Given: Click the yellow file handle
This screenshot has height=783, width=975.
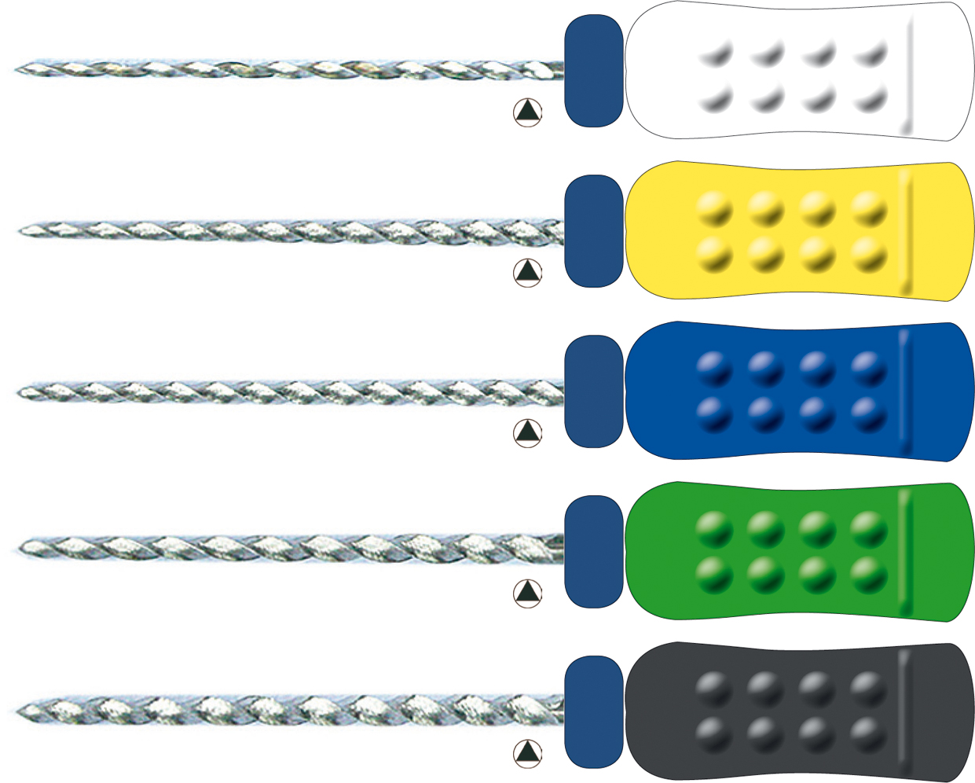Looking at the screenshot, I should [797, 231].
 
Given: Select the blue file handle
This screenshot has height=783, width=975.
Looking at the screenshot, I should [797, 391].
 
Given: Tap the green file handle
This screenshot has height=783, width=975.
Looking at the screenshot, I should [797, 551].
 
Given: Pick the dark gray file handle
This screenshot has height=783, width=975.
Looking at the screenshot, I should [797, 711].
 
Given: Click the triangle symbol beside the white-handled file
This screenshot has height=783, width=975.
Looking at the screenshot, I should [528, 112].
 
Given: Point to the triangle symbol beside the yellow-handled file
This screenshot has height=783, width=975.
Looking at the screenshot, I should [528, 272].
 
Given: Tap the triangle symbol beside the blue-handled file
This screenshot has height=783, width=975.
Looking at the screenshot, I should [528, 432].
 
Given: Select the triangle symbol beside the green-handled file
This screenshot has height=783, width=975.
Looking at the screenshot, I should [528, 592].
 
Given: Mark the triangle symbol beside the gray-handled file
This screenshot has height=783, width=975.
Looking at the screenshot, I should [528, 752].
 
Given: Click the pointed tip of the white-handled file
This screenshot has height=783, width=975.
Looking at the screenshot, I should [18, 69].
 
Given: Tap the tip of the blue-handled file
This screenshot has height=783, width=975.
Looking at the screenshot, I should [21, 391].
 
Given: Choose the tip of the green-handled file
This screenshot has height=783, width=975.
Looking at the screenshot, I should [22, 548].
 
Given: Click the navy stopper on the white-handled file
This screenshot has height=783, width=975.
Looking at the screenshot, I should [594, 71].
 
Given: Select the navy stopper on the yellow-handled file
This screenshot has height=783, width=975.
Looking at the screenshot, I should [594, 231].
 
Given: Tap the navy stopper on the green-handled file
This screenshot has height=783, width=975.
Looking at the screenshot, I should [594, 551].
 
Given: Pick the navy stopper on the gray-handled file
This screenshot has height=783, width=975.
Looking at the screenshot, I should [594, 711].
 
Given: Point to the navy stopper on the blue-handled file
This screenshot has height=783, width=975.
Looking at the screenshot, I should [594, 391].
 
